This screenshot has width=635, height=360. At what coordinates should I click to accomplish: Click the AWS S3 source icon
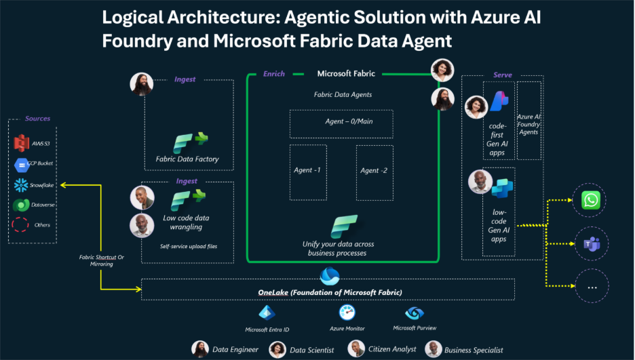[x=20, y=143]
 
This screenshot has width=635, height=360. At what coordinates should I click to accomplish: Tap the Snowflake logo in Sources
[x=20, y=185]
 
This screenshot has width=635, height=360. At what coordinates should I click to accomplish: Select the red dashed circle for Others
[x=21, y=225]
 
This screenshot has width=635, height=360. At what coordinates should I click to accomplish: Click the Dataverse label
[x=43, y=205]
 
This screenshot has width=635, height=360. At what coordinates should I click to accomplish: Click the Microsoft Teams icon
[x=592, y=244]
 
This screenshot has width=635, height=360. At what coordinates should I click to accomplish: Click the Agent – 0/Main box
[x=341, y=123]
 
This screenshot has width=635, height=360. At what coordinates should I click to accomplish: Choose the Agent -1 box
[x=307, y=172]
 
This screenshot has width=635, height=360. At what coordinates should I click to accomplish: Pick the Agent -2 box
[x=374, y=172]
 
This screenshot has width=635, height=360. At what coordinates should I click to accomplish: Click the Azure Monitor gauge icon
[x=347, y=313]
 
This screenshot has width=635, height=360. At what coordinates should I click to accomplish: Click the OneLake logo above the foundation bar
[x=330, y=276]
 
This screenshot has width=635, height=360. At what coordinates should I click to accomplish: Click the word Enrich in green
[x=274, y=74]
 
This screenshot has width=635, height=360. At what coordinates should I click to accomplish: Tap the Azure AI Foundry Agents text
[x=528, y=124]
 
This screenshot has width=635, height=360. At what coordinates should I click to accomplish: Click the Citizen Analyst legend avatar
[x=356, y=348]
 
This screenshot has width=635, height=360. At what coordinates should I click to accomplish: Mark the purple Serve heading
[x=503, y=75]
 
